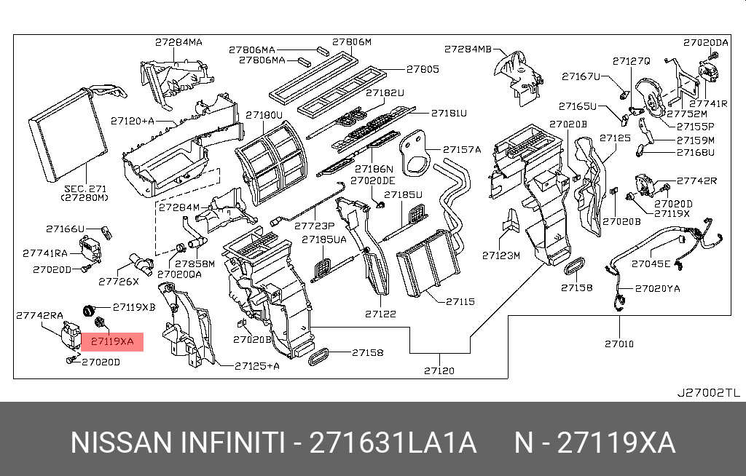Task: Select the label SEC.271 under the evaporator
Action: [85, 188]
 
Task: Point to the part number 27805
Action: [423, 70]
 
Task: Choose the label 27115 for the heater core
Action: [460, 301]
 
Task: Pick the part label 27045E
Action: [651, 263]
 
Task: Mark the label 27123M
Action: [500, 255]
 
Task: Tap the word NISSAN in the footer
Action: [117, 443]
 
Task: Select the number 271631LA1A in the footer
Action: [393, 443]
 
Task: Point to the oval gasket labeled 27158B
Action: [576, 266]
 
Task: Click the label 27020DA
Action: [705, 43]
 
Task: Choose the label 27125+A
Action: [258, 365]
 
